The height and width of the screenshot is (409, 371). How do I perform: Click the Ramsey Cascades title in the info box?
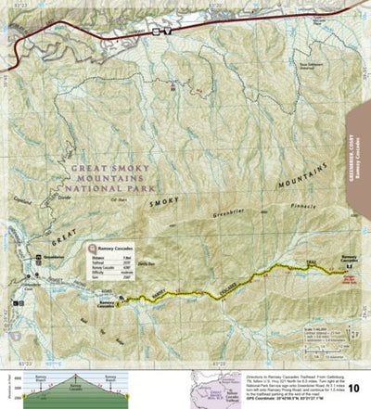111,249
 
